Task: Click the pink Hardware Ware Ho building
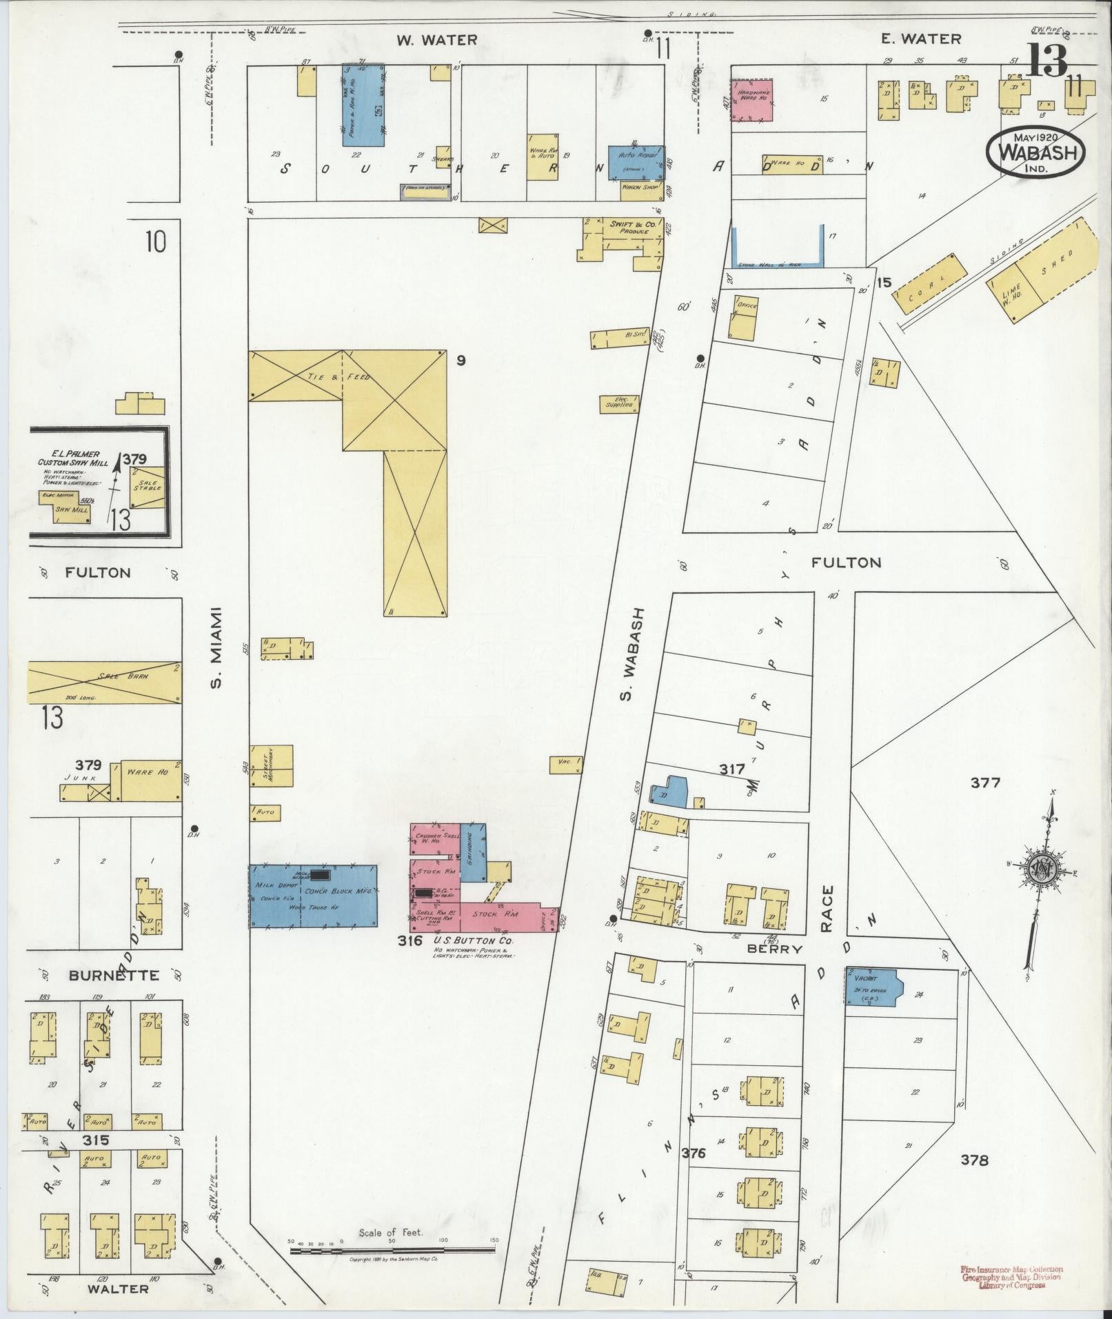point(751,100)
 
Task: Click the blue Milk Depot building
point(313,894)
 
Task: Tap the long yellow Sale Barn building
point(104,683)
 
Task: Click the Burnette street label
point(113,976)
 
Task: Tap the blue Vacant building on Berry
point(871,987)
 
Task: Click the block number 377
point(985,783)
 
